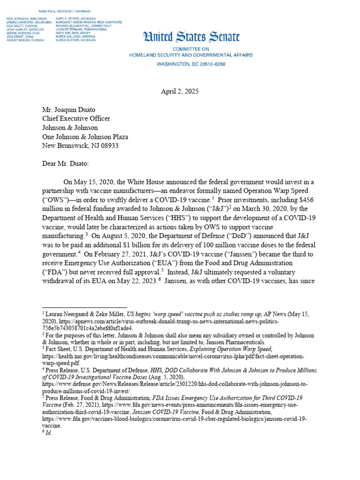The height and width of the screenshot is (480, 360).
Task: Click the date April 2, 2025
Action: click(x=180, y=92)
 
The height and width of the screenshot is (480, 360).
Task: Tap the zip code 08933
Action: click(x=108, y=146)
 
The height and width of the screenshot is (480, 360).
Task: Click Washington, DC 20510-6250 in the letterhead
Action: click(x=191, y=63)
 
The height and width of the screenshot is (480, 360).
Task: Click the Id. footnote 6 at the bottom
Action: click(x=47, y=433)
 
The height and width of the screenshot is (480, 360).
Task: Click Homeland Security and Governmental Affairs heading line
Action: click(x=191, y=55)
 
